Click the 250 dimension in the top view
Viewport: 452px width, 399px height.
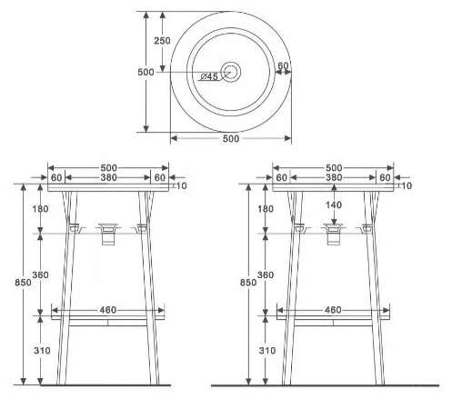[x=162, y=41]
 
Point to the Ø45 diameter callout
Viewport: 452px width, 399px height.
[x=209, y=76]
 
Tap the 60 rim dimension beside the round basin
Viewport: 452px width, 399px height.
[x=283, y=65]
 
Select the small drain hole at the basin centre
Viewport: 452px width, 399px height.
[x=231, y=72]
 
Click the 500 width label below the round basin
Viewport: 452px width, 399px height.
[x=231, y=138]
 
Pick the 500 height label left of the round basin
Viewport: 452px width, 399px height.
[x=146, y=72]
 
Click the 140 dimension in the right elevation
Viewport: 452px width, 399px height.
[x=334, y=205]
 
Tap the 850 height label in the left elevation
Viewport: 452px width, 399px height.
[x=23, y=283]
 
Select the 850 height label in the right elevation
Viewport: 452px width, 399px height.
[x=248, y=283]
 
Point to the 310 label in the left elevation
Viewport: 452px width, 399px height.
[x=42, y=351]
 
